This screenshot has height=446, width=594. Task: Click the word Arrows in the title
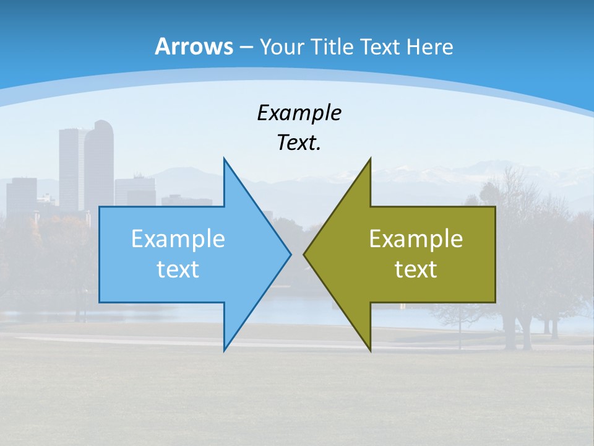[x=194, y=46]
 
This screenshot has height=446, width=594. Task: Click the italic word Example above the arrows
[x=299, y=113]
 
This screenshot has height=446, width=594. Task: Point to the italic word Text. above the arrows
[x=299, y=142]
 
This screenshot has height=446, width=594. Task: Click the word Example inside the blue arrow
[x=178, y=238]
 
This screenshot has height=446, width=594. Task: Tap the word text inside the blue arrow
[x=178, y=269]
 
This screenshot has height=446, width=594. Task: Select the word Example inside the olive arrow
[x=416, y=238]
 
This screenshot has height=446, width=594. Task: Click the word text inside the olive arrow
[x=416, y=269]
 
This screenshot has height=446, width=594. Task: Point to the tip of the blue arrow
[x=290, y=254]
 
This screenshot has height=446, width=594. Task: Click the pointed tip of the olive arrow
[x=304, y=254]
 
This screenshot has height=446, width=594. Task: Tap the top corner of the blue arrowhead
[x=224, y=159]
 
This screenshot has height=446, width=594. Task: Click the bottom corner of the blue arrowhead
[x=224, y=350]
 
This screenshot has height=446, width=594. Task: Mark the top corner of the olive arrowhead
[x=370, y=159]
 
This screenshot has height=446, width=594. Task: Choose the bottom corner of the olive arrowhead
[x=370, y=350]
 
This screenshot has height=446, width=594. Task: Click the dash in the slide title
[x=246, y=46]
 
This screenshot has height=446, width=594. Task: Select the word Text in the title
[x=380, y=46]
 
